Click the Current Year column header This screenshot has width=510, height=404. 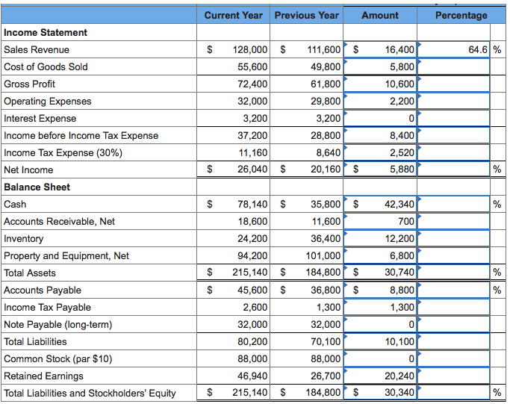[234, 15]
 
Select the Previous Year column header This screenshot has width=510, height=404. [306, 15]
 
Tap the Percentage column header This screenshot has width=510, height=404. [461, 15]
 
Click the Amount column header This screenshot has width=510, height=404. [380, 15]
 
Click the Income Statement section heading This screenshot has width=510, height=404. [46, 33]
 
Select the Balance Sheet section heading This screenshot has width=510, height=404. [37, 187]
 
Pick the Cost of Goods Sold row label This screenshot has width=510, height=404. [46, 67]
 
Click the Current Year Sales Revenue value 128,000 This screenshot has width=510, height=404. [250, 50]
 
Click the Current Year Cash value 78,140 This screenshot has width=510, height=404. [252, 205]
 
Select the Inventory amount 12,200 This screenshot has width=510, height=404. [399, 239]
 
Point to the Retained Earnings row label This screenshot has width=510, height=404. [43, 376]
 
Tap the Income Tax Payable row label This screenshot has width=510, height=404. [47, 308]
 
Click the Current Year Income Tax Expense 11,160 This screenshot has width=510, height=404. [252, 153]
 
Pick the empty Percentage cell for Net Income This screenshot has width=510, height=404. [454, 170]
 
